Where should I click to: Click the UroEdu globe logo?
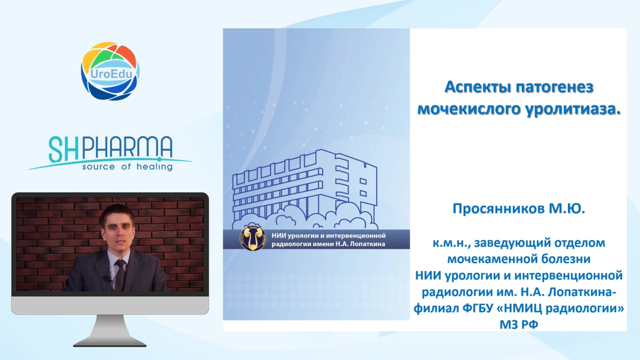click(x=110, y=71)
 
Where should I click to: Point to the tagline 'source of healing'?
click(x=127, y=167)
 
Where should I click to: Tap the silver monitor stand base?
click(x=110, y=342)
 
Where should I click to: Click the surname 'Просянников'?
click(x=498, y=209)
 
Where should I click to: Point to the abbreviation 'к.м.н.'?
click(x=452, y=243)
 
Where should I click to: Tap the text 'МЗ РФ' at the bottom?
click(x=519, y=324)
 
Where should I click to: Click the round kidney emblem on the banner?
click(x=253, y=239)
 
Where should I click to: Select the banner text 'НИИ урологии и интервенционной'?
click(x=328, y=235)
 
